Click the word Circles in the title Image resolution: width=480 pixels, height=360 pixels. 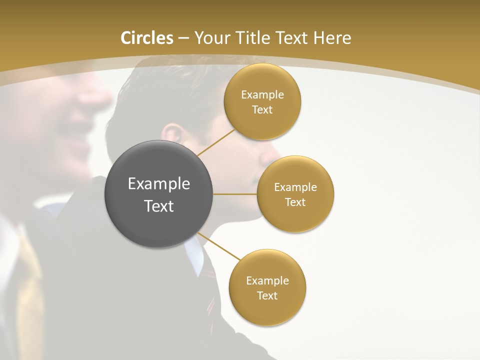[x=146, y=38]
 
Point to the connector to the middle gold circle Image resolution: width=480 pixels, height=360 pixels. [x=235, y=194]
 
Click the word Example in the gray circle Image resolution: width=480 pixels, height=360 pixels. [x=159, y=184]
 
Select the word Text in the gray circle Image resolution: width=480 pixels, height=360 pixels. [x=159, y=206]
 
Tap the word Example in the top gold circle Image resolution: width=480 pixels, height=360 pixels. [x=262, y=95]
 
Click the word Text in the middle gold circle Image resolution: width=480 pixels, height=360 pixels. [x=295, y=202]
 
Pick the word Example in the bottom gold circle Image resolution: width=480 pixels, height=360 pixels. [x=267, y=281]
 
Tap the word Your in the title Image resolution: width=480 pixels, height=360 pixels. [x=209, y=38]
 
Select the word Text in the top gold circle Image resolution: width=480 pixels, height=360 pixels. [x=262, y=110]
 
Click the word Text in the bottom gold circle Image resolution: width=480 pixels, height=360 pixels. [x=267, y=296]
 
